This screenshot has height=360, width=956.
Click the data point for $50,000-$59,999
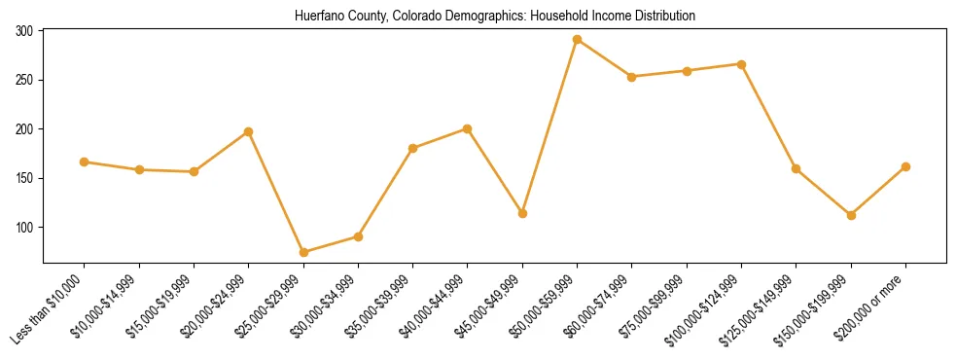click(x=577, y=40)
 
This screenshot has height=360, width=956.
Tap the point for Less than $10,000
click(x=85, y=162)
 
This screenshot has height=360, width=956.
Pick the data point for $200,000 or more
click(x=905, y=166)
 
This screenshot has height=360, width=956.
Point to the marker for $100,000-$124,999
click(x=741, y=64)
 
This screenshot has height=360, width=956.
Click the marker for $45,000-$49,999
click(x=522, y=213)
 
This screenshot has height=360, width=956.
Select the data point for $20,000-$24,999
click(x=249, y=131)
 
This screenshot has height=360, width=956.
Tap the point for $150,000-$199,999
click(x=851, y=215)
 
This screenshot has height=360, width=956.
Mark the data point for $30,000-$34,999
click(x=358, y=236)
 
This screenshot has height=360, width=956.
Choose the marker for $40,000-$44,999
click(x=468, y=128)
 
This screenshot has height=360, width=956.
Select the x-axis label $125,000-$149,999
click(x=761, y=311)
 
